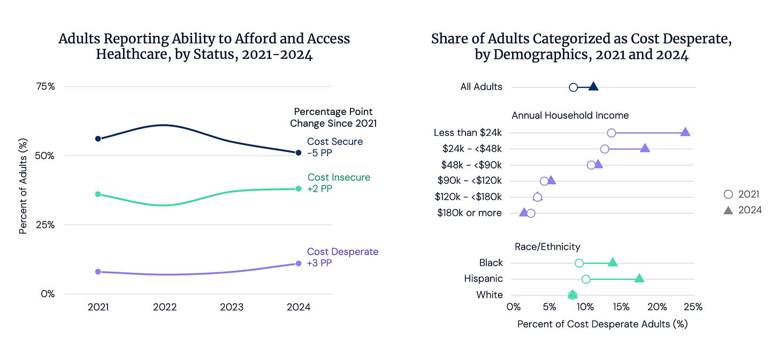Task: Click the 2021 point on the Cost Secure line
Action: pyautogui.click(x=98, y=139)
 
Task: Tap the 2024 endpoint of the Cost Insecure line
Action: pyautogui.click(x=299, y=189)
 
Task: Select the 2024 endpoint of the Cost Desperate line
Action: pyautogui.click(x=299, y=264)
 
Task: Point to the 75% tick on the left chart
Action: pyautogui.click(x=45, y=87)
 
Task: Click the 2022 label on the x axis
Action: pyautogui.click(x=165, y=307)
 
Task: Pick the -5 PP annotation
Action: pyautogui.click(x=319, y=153)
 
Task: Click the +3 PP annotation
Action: pyautogui.click(x=319, y=263)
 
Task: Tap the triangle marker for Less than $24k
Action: pyautogui.click(x=685, y=132)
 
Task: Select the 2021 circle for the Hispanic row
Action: pyautogui.click(x=586, y=279)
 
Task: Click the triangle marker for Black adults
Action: pyautogui.click(x=613, y=262)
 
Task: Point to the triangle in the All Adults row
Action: pyautogui.click(x=593, y=87)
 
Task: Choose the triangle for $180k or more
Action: pyautogui.click(x=523, y=212)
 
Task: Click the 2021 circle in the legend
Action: pyautogui.click(x=728, y=194)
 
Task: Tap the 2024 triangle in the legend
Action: pyautogui.click(x=728, y=210)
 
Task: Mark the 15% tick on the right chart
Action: pyautogui.click(x=621, y=307)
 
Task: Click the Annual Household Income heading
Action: pyautogui.click(x=570, y=116)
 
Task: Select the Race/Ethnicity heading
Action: pyautogui.click(x=547, y=247)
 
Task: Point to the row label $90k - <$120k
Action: pyautogui.click(x=470, y=181)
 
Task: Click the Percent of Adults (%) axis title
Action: pyautogui.click(x=23, y=186)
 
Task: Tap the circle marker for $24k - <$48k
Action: pyautogui.click(x=605, y=149)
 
